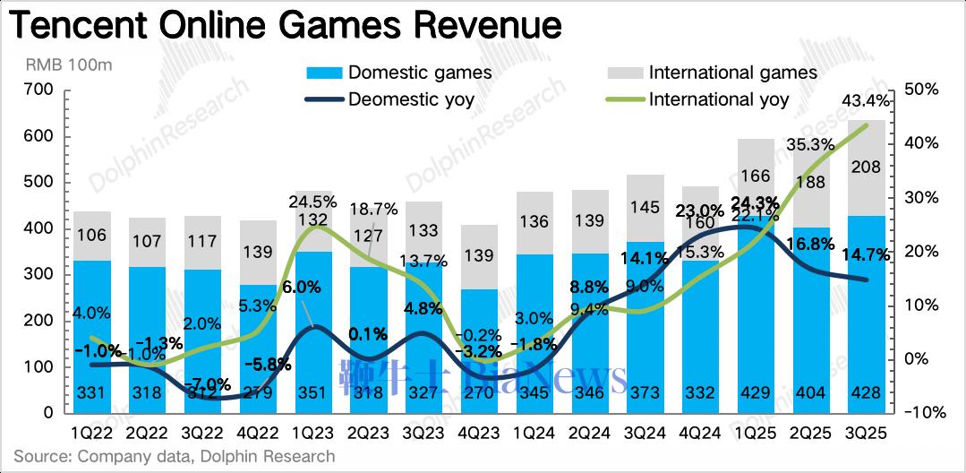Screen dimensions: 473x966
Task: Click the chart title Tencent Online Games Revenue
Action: pos(285,26)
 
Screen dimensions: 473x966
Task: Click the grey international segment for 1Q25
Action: pos(757,188)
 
